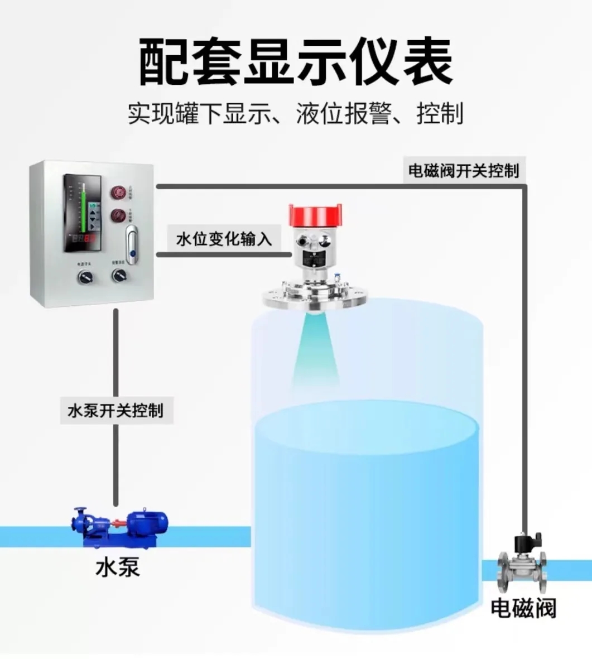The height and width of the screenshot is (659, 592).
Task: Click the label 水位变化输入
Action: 224,240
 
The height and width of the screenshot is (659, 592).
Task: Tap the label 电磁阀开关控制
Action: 464,170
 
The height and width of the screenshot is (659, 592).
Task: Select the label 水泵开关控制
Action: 115,411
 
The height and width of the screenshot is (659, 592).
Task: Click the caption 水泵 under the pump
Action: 117,567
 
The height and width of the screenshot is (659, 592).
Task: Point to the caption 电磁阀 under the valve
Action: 523,608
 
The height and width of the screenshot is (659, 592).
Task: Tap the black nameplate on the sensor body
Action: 316,258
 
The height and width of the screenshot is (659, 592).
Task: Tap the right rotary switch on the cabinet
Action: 119,275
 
